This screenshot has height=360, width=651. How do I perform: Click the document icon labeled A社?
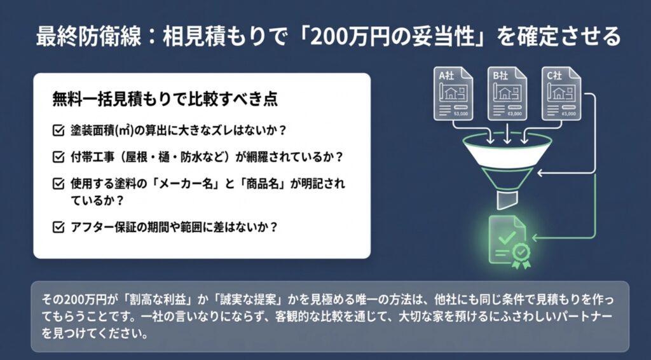(454, 93)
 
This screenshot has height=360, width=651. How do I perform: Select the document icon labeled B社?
(507, 93)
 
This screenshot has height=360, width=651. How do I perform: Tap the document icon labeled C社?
(560, 93)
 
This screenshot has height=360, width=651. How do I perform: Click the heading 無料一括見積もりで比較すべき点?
(165, 100)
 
